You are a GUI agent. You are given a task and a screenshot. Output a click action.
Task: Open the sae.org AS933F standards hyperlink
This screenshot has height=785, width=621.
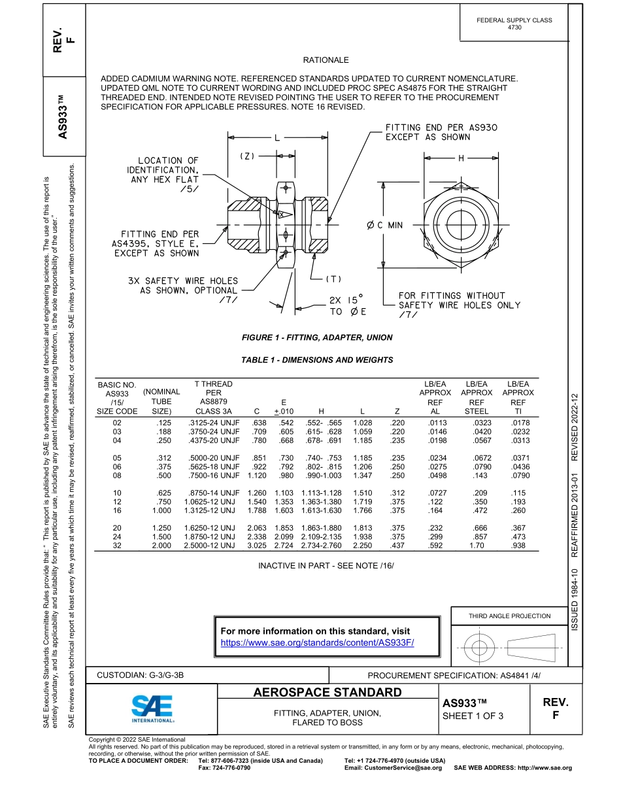pos(318,642)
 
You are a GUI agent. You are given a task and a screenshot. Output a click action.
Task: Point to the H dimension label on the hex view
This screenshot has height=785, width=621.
pos(461,158)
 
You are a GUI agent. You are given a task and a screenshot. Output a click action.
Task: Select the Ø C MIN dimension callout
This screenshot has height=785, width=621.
pos(385,225)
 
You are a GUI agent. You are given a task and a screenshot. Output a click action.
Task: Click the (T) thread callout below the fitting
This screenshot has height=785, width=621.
pos(333,278)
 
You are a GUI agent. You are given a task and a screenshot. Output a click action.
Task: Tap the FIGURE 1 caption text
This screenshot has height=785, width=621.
pos(317,338)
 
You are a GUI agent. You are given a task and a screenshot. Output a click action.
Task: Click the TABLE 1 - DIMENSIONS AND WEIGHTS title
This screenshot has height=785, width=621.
pos(317,360)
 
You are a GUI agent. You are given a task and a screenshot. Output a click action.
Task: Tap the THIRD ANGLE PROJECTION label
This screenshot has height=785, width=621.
pos(509,616)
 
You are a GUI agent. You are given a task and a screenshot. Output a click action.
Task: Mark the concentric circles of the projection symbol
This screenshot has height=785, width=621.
pos(479,648)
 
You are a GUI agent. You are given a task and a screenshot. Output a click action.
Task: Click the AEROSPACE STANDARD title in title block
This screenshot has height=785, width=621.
pos(327,692)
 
